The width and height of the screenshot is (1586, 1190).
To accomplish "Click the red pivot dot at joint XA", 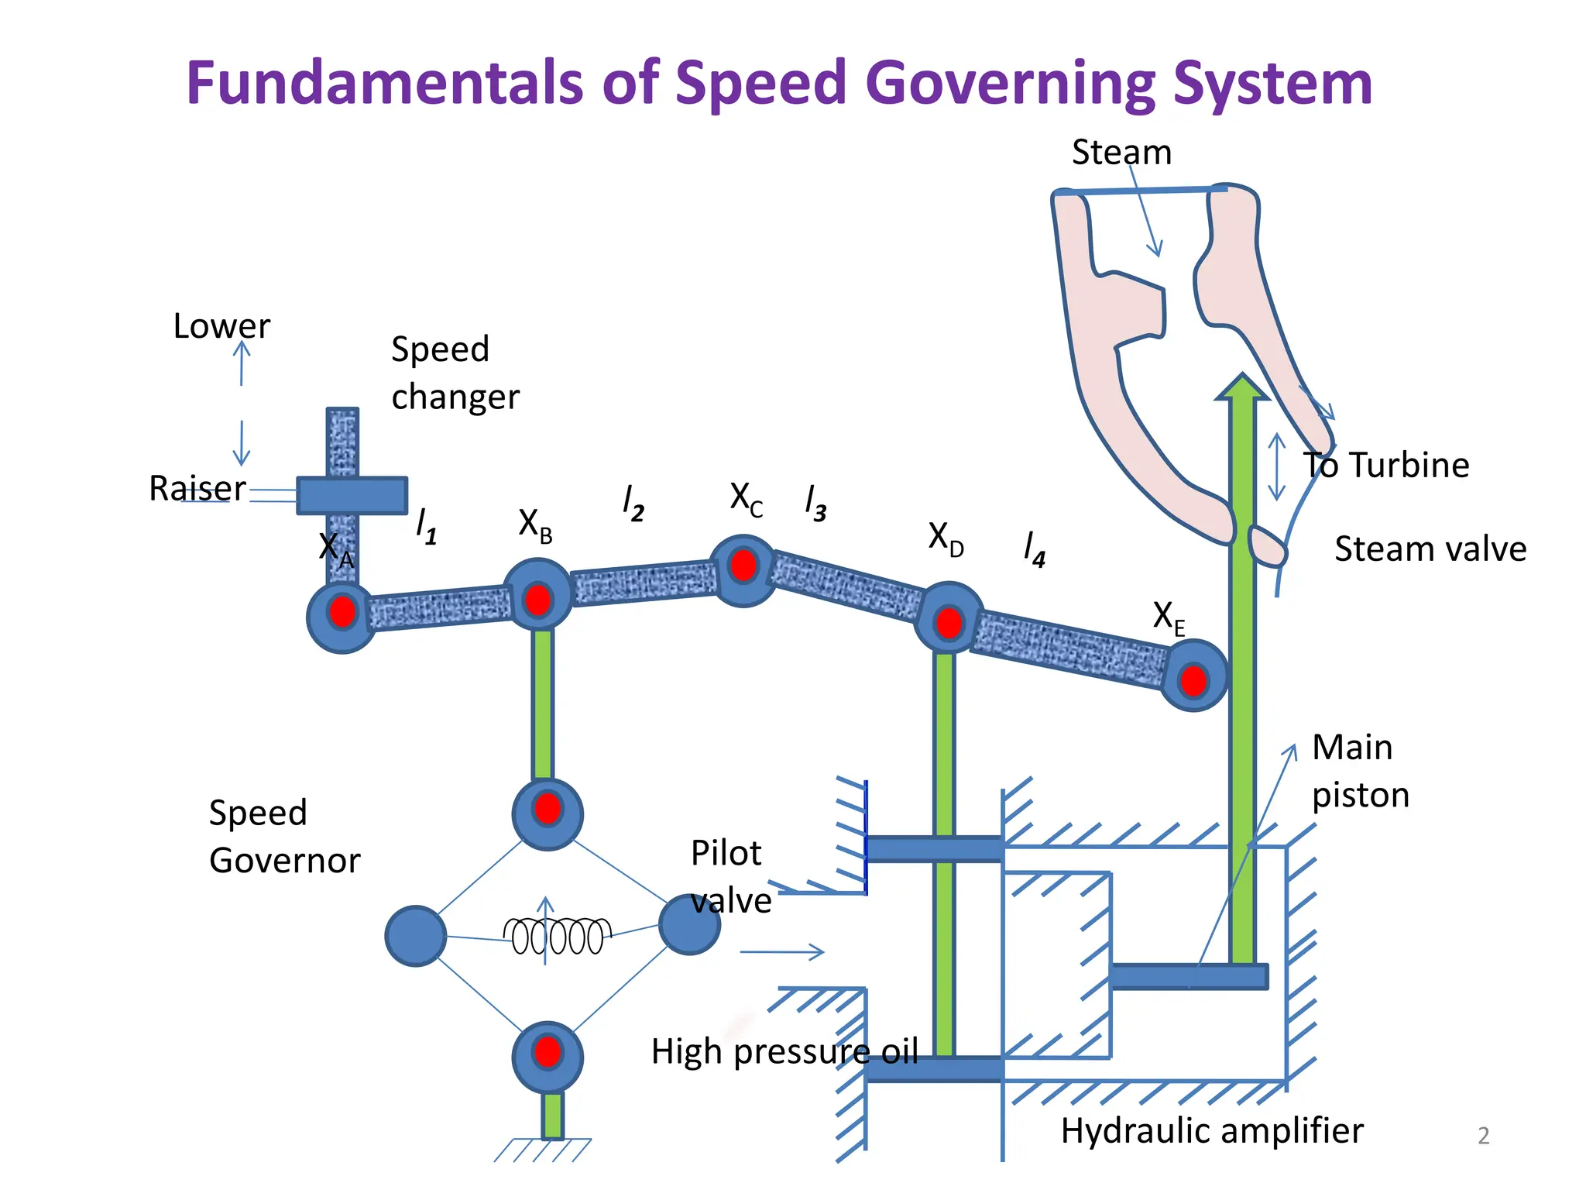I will (342, 612).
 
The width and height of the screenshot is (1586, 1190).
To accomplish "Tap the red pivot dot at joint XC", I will (743, 566).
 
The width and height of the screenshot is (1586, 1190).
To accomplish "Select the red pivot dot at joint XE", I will (1193, 681).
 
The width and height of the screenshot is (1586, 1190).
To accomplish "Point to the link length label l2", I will (633, 504).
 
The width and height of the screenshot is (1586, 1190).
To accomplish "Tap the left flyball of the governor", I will (416, 936).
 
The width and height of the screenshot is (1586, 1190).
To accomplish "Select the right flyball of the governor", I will (689, 923).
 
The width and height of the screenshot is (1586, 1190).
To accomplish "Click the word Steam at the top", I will (1121, 153).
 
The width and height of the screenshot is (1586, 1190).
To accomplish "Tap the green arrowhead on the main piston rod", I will (1242, 387).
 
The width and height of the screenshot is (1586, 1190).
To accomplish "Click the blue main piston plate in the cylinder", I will (1188, 976).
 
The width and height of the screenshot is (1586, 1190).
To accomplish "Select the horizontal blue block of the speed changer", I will (352, 496).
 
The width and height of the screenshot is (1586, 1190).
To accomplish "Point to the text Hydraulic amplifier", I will (1211, 1130).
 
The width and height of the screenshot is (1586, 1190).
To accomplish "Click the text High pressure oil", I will (784, 1052).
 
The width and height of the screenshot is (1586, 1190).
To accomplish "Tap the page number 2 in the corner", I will (1483, 1136).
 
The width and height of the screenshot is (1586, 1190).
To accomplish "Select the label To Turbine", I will (1385, 466).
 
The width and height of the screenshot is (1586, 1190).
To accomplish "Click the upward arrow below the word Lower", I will (242, 363).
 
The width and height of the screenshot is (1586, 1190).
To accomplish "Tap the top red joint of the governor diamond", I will (548, 809).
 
